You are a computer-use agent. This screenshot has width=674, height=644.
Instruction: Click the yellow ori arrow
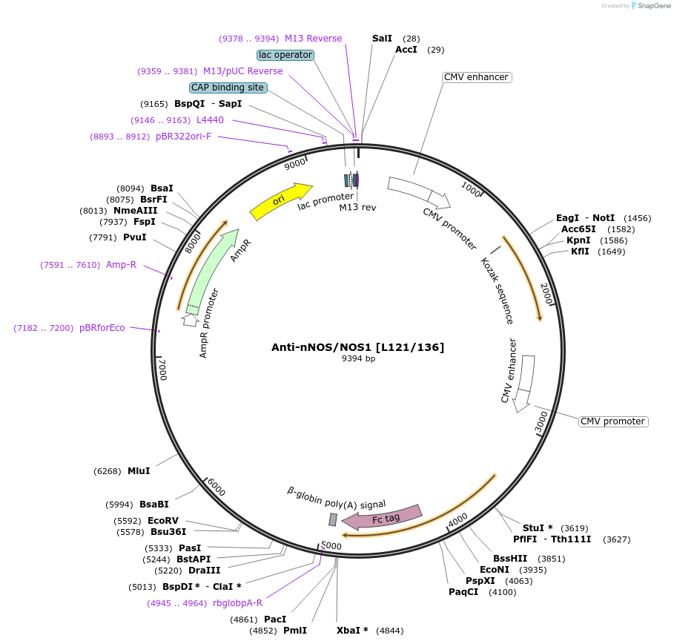(x=280, y=201)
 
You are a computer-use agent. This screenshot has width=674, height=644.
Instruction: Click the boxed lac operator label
(x=285, y=55)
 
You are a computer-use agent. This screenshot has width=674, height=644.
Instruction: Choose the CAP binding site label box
(x=228, y=88)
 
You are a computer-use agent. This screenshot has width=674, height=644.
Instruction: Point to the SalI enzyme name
(x=382, y=38)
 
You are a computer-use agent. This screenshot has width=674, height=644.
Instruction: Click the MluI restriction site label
(x=139, y=471)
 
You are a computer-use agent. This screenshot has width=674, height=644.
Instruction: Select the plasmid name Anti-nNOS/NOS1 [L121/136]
(x=358, y=346)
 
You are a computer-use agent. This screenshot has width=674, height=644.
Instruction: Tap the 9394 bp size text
(x=358, y=359)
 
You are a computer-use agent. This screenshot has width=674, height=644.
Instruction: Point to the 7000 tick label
(x=162, y=368)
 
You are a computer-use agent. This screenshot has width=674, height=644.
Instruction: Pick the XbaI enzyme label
(x=352, y=631)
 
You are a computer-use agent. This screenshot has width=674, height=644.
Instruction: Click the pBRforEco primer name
(x=102, y=328)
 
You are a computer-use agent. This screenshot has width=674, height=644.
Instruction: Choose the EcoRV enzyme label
(x=163, y=521)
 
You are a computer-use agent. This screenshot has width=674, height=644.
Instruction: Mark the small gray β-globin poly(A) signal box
(x=333, y=519)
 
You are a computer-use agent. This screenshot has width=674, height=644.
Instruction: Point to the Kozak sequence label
(x=497, y=291)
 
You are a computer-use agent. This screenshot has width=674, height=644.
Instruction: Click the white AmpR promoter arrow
(x=191, y=321)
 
